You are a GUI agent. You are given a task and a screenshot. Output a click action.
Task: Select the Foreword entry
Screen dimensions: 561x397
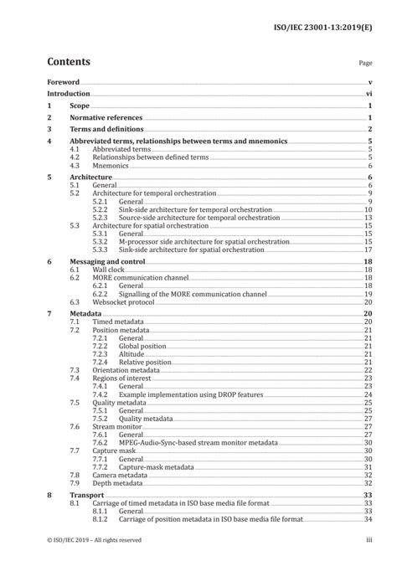pyautogui.click(x=63, y=82)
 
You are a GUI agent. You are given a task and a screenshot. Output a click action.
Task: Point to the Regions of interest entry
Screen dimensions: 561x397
pyautogui.click(x=124, y=378)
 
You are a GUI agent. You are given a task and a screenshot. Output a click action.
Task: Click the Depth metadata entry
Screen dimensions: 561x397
pyautogui.click(x=117, y=483)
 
